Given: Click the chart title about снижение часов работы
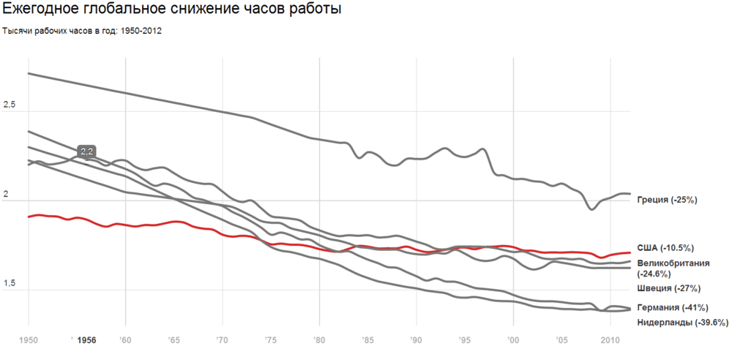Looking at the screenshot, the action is (172, 9).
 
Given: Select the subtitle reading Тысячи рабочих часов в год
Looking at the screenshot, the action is (82, 31).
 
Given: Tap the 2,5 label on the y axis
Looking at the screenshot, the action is (10, 105).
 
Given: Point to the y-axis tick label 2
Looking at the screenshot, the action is (6, 195).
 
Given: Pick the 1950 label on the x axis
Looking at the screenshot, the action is (29, 340).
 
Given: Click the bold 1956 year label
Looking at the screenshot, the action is (87, 340).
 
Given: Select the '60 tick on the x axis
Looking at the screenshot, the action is (125, 340).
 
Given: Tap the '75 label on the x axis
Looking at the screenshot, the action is (270, 340).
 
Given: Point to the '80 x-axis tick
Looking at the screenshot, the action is (319, 340).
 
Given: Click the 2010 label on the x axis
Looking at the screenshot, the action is (610, 340).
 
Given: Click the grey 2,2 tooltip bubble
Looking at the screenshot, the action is (87, 151).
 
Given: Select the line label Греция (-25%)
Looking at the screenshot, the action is (667, 200).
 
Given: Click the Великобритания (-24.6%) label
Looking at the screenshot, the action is (673, 269).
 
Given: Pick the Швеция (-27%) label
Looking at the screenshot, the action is (668, 288).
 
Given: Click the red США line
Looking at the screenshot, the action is (319, 248).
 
